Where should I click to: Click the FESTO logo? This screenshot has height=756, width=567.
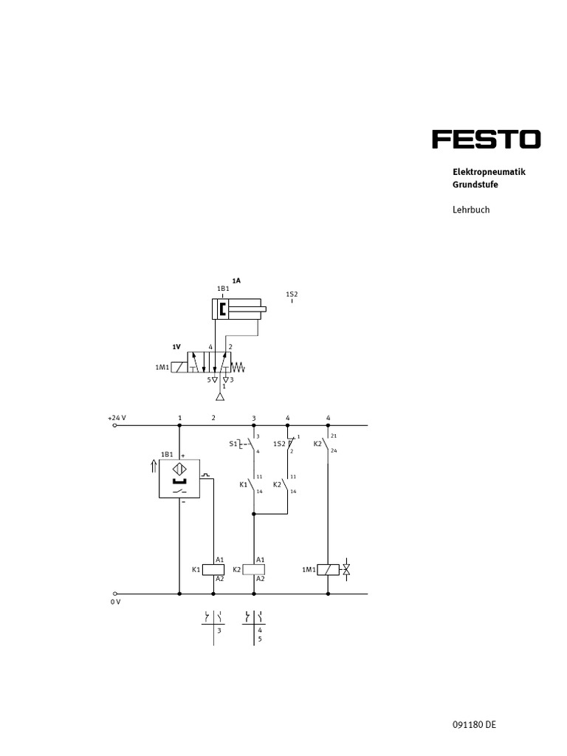click(486, 140)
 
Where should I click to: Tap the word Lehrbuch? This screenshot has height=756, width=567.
click(471, 210)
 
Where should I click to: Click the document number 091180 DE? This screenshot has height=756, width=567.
click(474, 725)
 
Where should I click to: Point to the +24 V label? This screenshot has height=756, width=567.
click(117, 418)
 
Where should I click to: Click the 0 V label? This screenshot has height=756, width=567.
click(114, 602)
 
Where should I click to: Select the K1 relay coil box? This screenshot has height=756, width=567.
click(213, 569)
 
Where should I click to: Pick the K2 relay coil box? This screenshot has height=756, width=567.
click(254, 569)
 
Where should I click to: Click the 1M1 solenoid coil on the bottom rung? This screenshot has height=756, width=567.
click(328, 569)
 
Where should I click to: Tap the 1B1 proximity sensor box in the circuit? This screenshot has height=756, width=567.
click(179, 478)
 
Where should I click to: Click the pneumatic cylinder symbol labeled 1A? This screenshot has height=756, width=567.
click(236, 309)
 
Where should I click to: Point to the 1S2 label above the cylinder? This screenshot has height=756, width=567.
click(292, 294)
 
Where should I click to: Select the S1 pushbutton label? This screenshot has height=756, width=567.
click(233, 444)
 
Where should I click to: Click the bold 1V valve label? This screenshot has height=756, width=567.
click(176, 346)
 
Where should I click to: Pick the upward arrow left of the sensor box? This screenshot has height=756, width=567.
click(153, 465)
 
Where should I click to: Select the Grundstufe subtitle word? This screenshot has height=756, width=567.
click(475, 185)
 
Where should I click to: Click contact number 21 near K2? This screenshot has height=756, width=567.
click(334, 436)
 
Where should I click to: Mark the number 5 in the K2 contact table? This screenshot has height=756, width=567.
click(260, 639)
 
